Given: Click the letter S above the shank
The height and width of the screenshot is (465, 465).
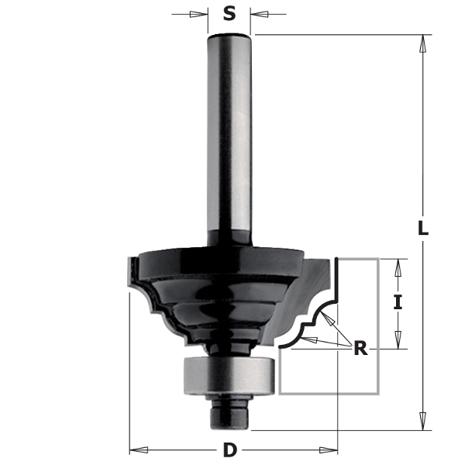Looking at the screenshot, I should (x=229, y=13).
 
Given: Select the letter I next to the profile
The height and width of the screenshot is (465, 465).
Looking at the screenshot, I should (x=398, y=303).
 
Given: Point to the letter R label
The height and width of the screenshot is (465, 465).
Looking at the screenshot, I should (x=360, y=348).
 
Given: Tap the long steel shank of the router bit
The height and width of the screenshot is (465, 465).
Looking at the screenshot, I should (x=229, y=139).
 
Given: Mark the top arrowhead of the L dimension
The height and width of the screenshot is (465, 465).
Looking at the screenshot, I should (x=423, y=43).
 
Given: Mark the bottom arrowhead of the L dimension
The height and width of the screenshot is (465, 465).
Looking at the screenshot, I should (x=423, y=422).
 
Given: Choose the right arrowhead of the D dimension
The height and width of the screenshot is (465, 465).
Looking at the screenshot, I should (x=331, y=449).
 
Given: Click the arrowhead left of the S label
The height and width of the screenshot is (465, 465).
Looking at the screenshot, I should (x=201, y=13).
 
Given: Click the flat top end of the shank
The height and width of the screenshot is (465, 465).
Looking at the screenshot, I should (x=229, y=36).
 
